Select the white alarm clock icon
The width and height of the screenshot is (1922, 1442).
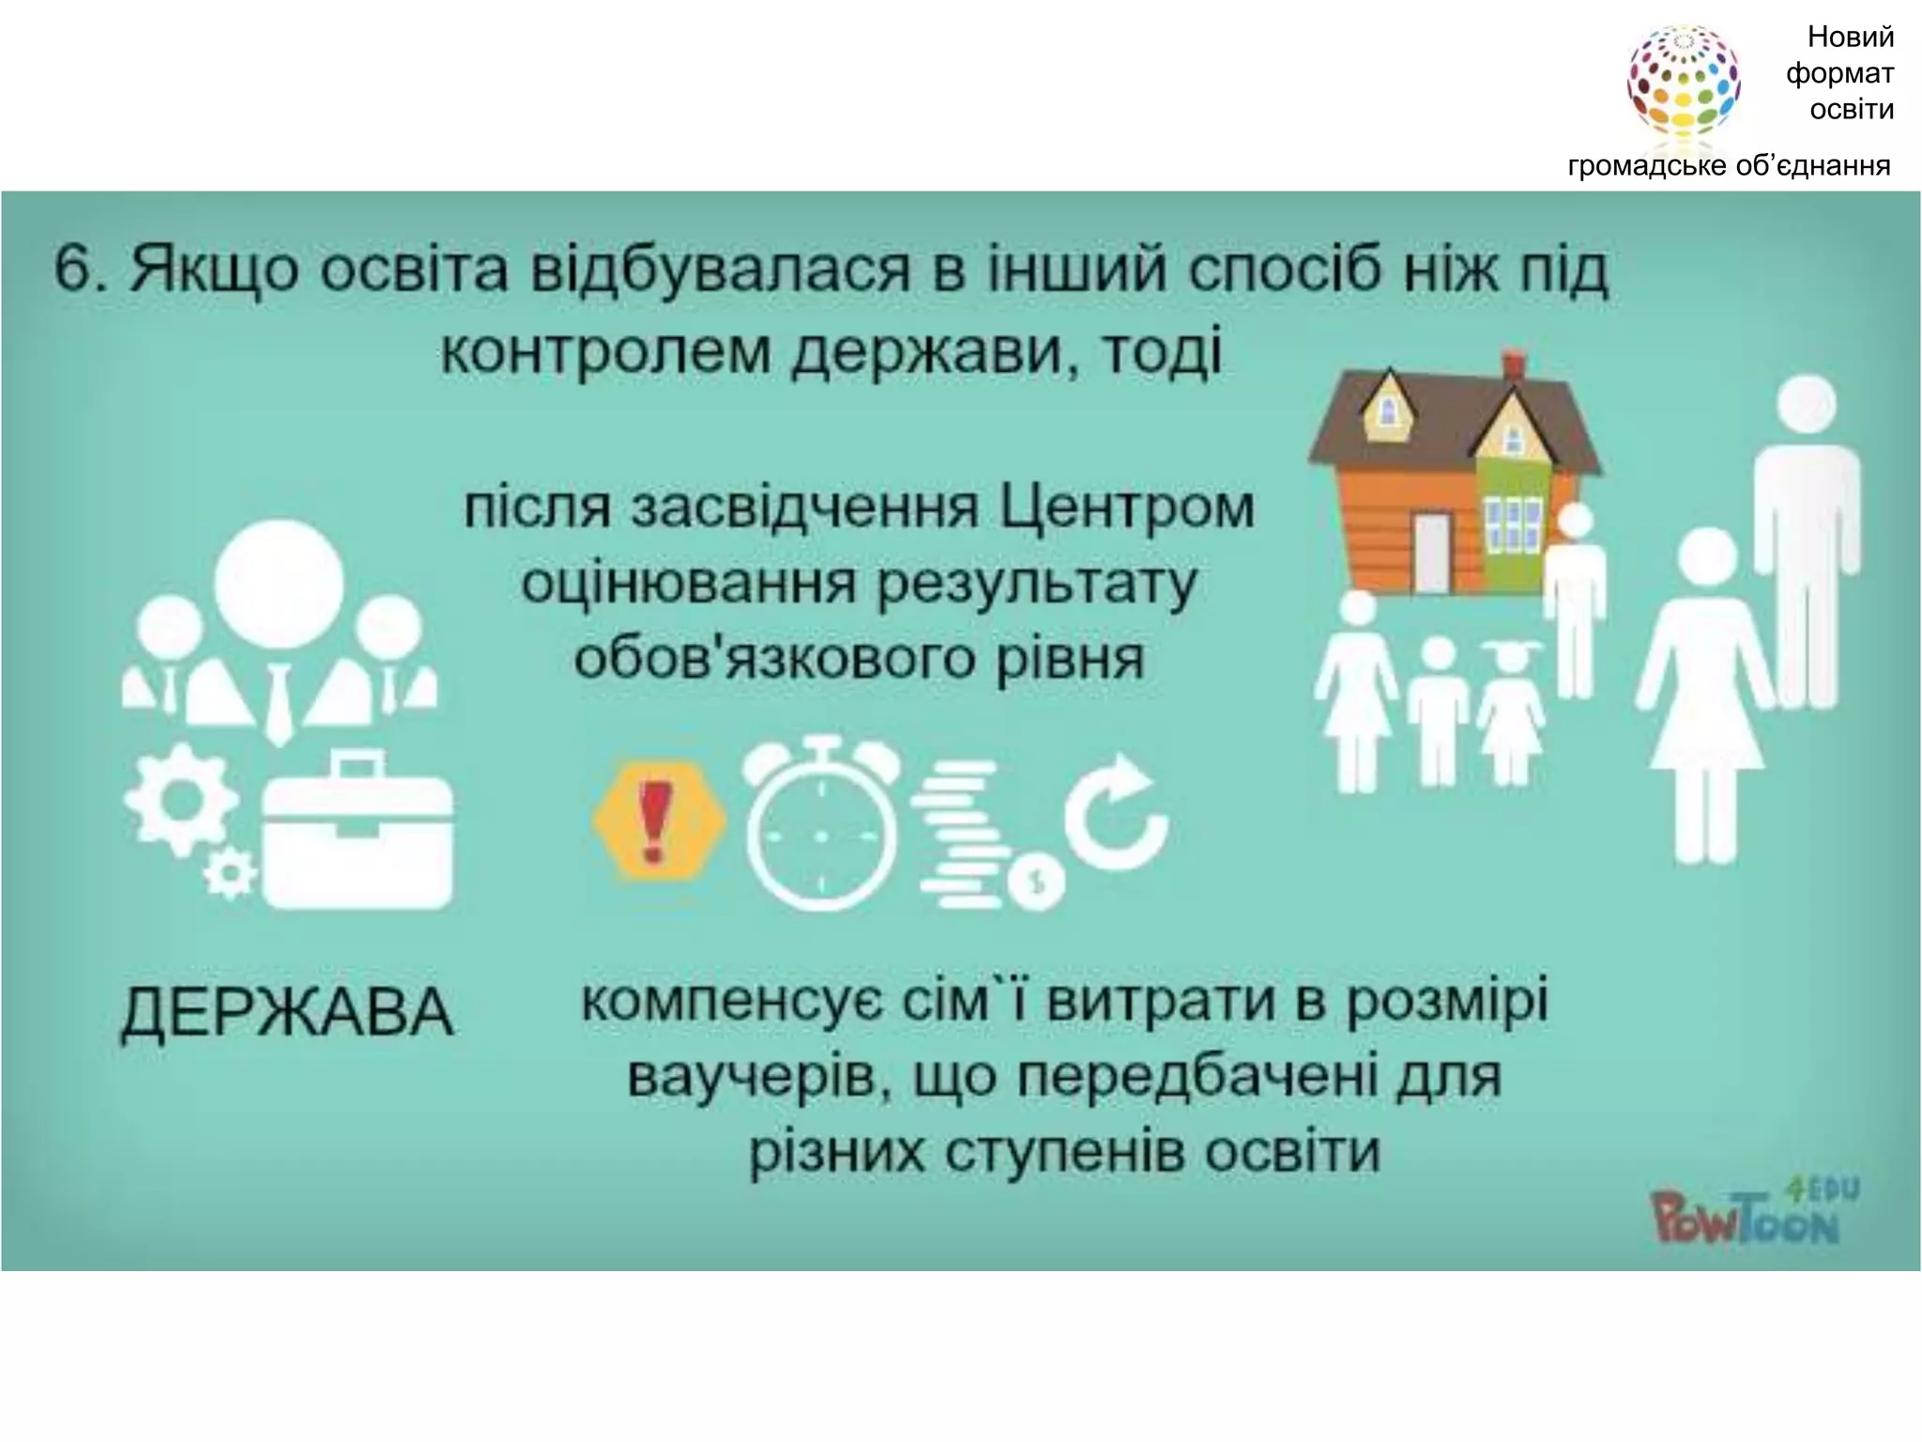pyautogui.click(x=821, y=826)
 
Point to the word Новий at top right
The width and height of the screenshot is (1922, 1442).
pyautogui.click(x=1851, y=38)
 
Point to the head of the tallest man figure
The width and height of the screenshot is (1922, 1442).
pyautogui.click(x=1807, y=404)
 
